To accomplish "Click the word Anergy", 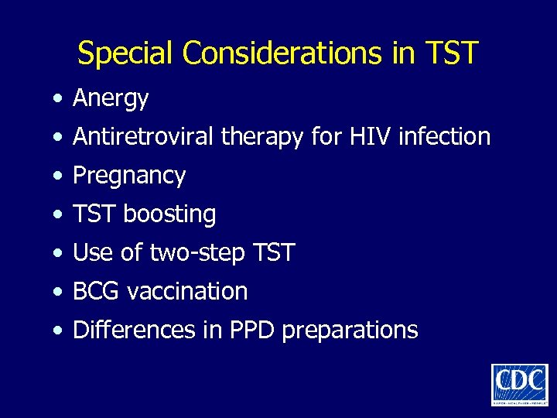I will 110,99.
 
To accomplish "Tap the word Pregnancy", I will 128,176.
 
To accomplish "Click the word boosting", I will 169,214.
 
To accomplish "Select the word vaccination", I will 187,292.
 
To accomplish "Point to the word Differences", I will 131,331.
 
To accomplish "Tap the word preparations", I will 350,331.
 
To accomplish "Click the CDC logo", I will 519,384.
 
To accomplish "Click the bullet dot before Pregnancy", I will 58,176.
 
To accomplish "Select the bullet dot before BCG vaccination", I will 58,293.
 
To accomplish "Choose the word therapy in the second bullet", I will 262,138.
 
